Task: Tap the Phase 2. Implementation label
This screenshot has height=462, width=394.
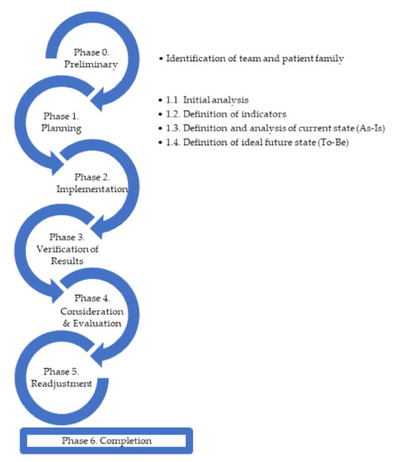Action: click(x=92, y=182)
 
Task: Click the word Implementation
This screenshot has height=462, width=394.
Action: click(x=92, y=189)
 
